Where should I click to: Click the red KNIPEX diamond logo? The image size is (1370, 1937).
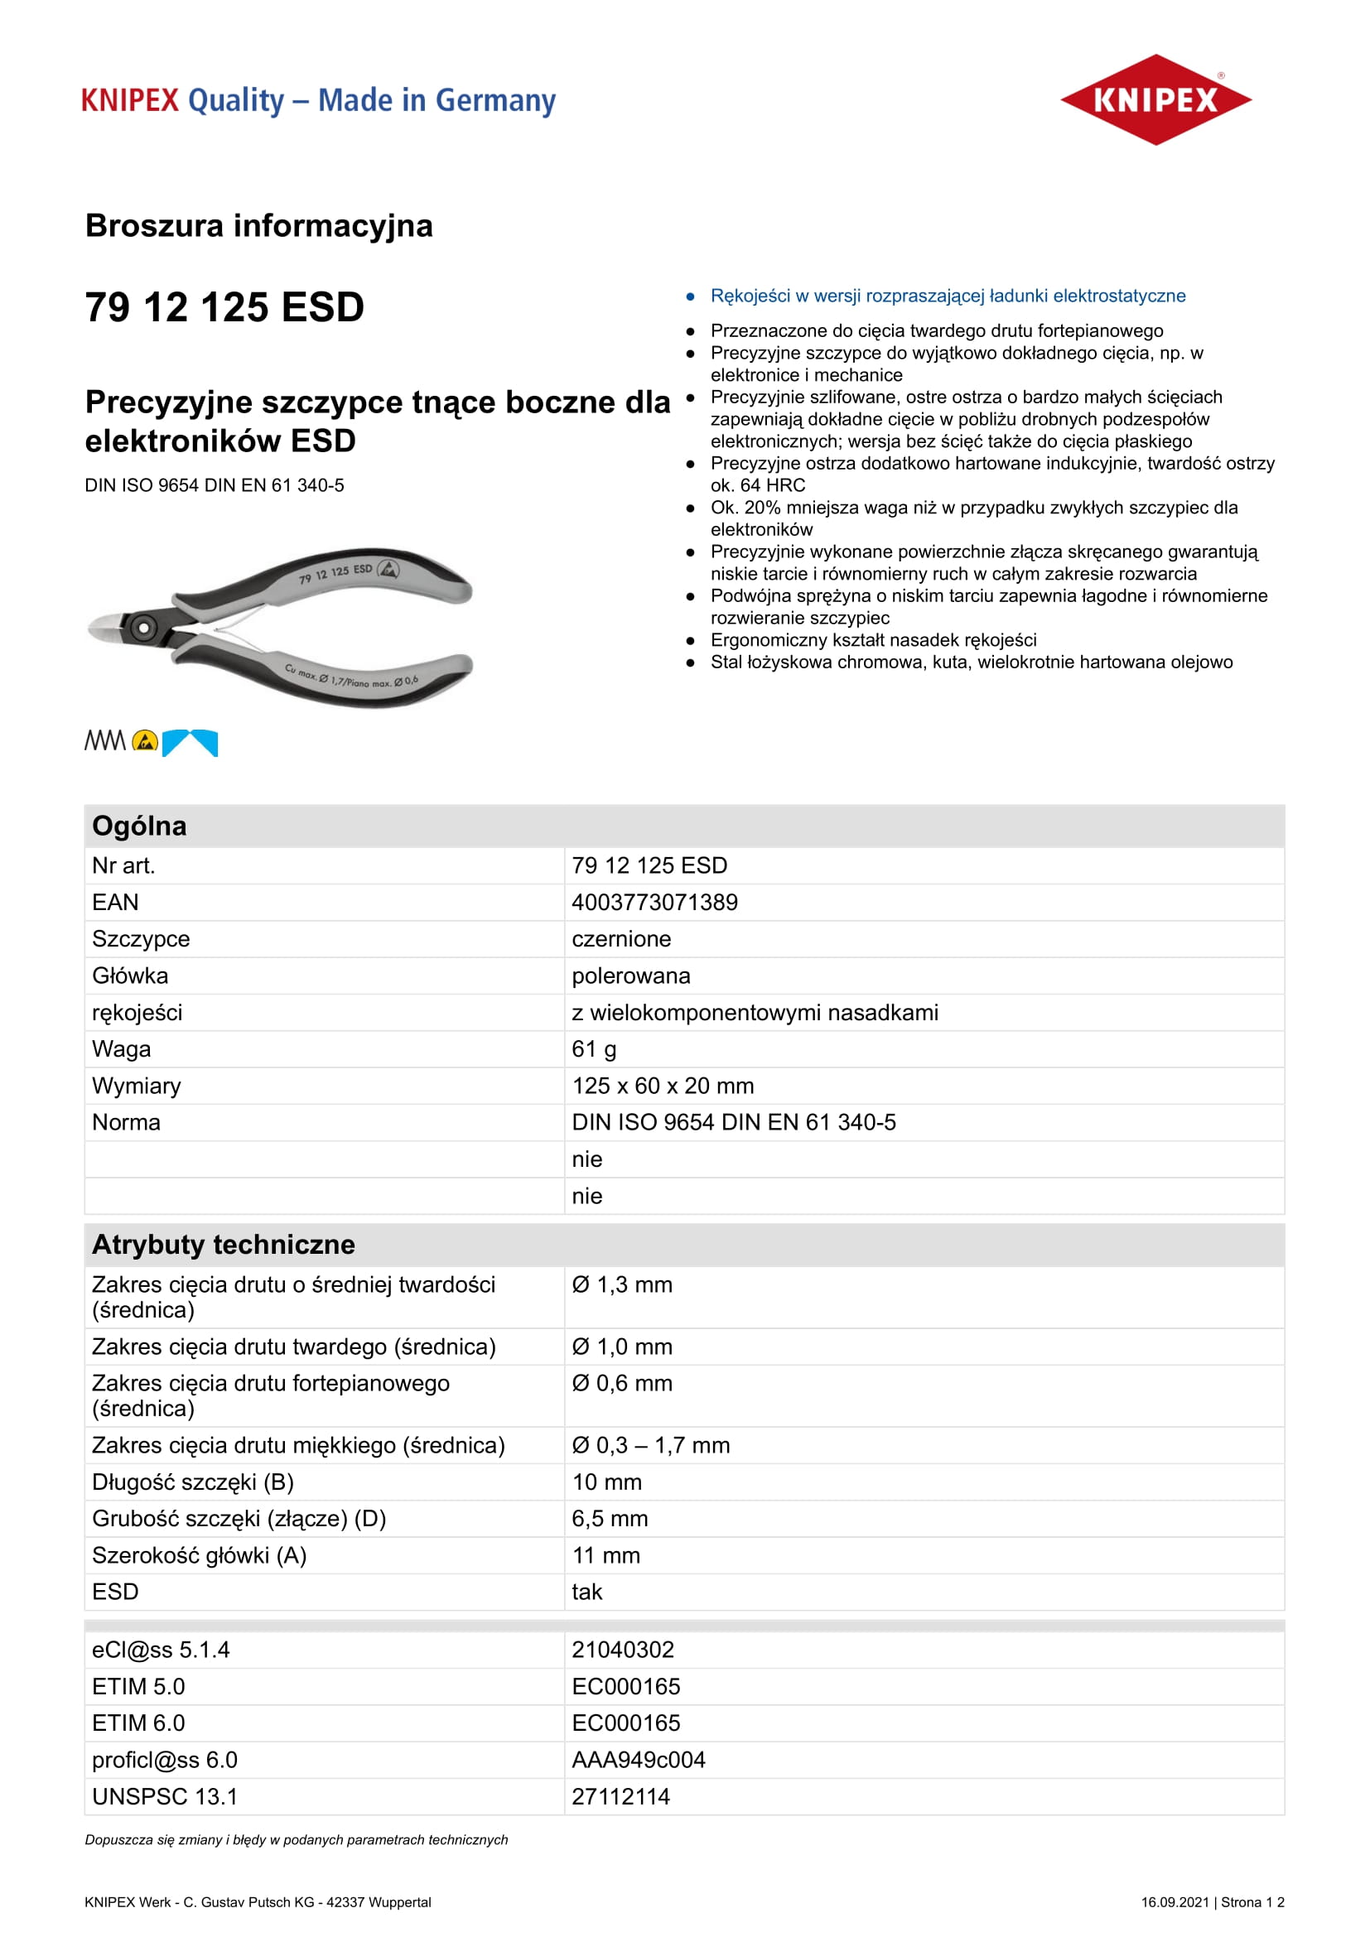[x=1155, y=99]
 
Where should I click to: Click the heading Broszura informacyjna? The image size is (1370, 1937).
[x=259, y=226]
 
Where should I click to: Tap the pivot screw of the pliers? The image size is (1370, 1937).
[x=143, y=627]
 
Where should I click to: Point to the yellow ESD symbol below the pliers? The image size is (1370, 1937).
[x=145, y=741]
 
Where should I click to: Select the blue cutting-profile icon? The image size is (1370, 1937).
[x=190, y=742]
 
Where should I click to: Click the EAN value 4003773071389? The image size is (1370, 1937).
[x=654, y=903]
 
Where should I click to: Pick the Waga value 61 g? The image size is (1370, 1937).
[x=594, y=1049]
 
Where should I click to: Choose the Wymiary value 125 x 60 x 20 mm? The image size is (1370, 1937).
[x=663, y=1086]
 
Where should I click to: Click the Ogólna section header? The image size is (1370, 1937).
[x=139, y=826]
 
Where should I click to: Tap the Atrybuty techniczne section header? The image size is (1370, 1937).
[x=224, y=1245]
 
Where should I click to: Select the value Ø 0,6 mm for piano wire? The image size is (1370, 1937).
[x=622, y=1384]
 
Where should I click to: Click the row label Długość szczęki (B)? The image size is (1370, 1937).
[x=193, y=1482]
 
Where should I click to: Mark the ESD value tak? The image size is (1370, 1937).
[x=587, y=1592]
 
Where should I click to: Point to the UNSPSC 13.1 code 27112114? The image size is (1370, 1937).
[x=621, y=1797]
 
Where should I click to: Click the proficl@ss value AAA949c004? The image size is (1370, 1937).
[x=639, y=1760]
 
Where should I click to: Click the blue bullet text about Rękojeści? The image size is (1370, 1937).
[x=948, y=296]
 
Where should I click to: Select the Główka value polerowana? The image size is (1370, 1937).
[x=631, y=976]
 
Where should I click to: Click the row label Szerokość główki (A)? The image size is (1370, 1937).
[x=199, y=1556]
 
